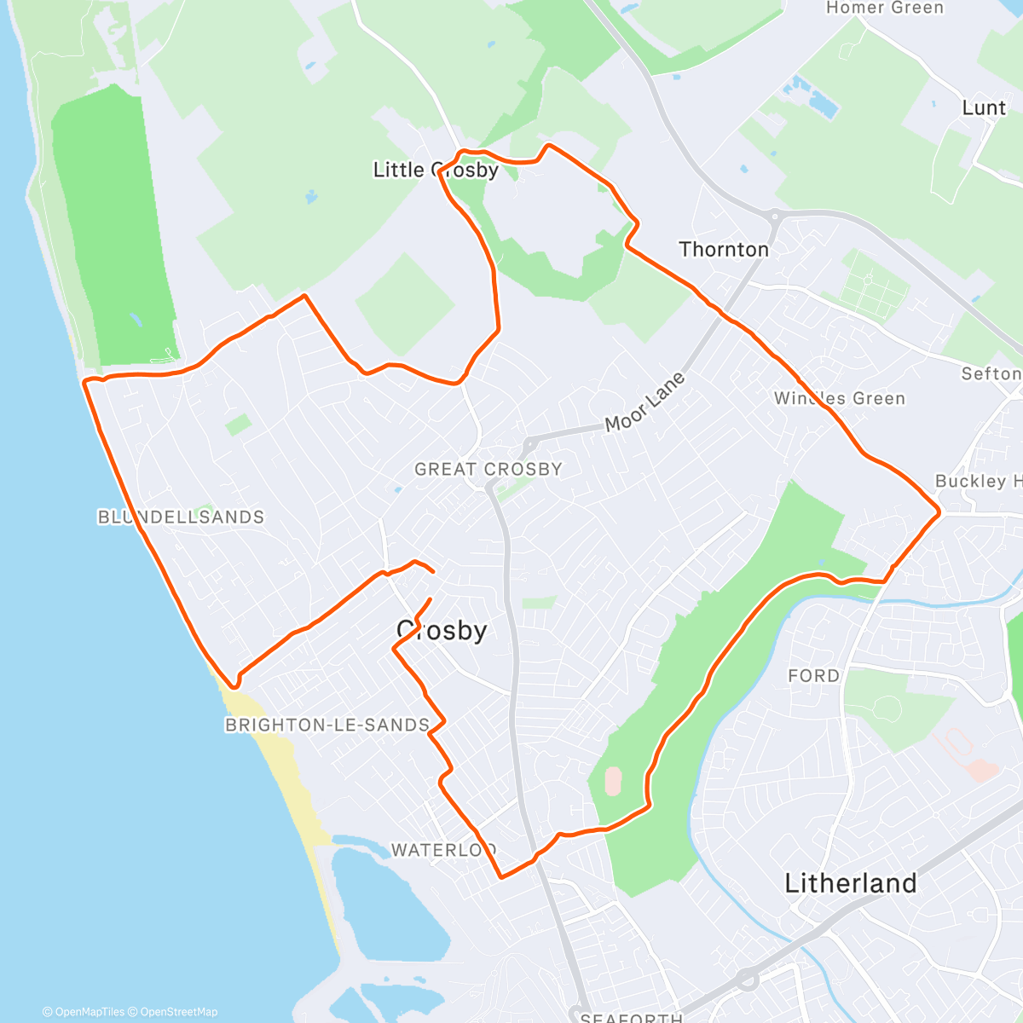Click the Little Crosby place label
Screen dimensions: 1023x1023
436,170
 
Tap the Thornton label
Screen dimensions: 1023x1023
724,249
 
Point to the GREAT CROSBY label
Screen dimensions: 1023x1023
488,469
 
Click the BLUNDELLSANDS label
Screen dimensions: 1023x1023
181,517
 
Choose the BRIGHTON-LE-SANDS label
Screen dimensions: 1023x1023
327,725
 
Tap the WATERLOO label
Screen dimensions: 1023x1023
443,850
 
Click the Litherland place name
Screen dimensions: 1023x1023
850,883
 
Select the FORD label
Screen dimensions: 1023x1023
813,675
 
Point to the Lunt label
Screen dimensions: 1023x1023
984,107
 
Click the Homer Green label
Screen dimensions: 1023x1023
885,9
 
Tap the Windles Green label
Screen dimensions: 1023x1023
840,398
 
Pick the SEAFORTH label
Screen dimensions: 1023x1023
631,1017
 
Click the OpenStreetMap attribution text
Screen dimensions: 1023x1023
179,1012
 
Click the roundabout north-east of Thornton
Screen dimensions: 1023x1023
774,216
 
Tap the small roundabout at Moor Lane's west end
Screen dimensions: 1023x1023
529,443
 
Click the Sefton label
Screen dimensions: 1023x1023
991,373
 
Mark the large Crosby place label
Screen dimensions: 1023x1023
442,630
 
